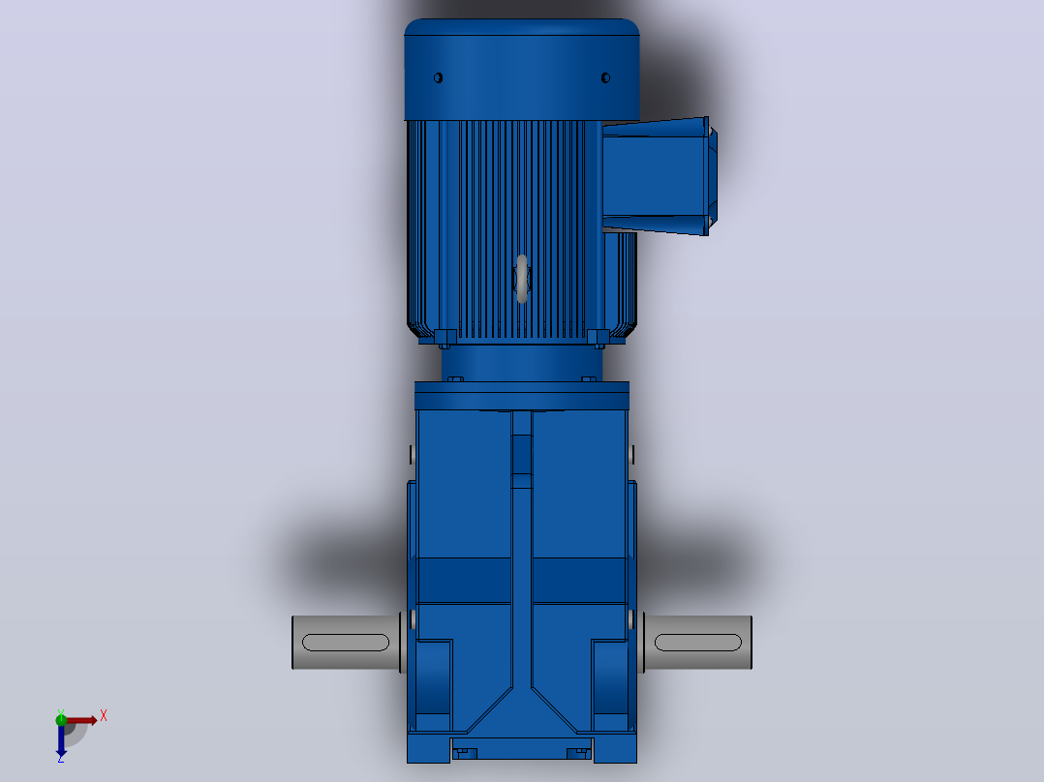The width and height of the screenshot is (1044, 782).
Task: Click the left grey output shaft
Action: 347,643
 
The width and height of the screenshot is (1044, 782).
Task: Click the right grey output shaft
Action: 697,643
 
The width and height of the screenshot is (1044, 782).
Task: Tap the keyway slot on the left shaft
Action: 346,643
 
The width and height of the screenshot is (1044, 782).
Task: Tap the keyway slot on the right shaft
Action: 697,643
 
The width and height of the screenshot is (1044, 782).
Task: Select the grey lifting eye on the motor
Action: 522,279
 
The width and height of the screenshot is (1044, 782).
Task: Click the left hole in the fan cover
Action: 438,77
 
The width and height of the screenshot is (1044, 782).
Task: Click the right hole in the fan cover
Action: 605,77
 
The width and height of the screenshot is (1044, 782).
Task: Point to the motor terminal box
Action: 658,176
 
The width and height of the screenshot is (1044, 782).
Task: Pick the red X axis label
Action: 104,716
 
